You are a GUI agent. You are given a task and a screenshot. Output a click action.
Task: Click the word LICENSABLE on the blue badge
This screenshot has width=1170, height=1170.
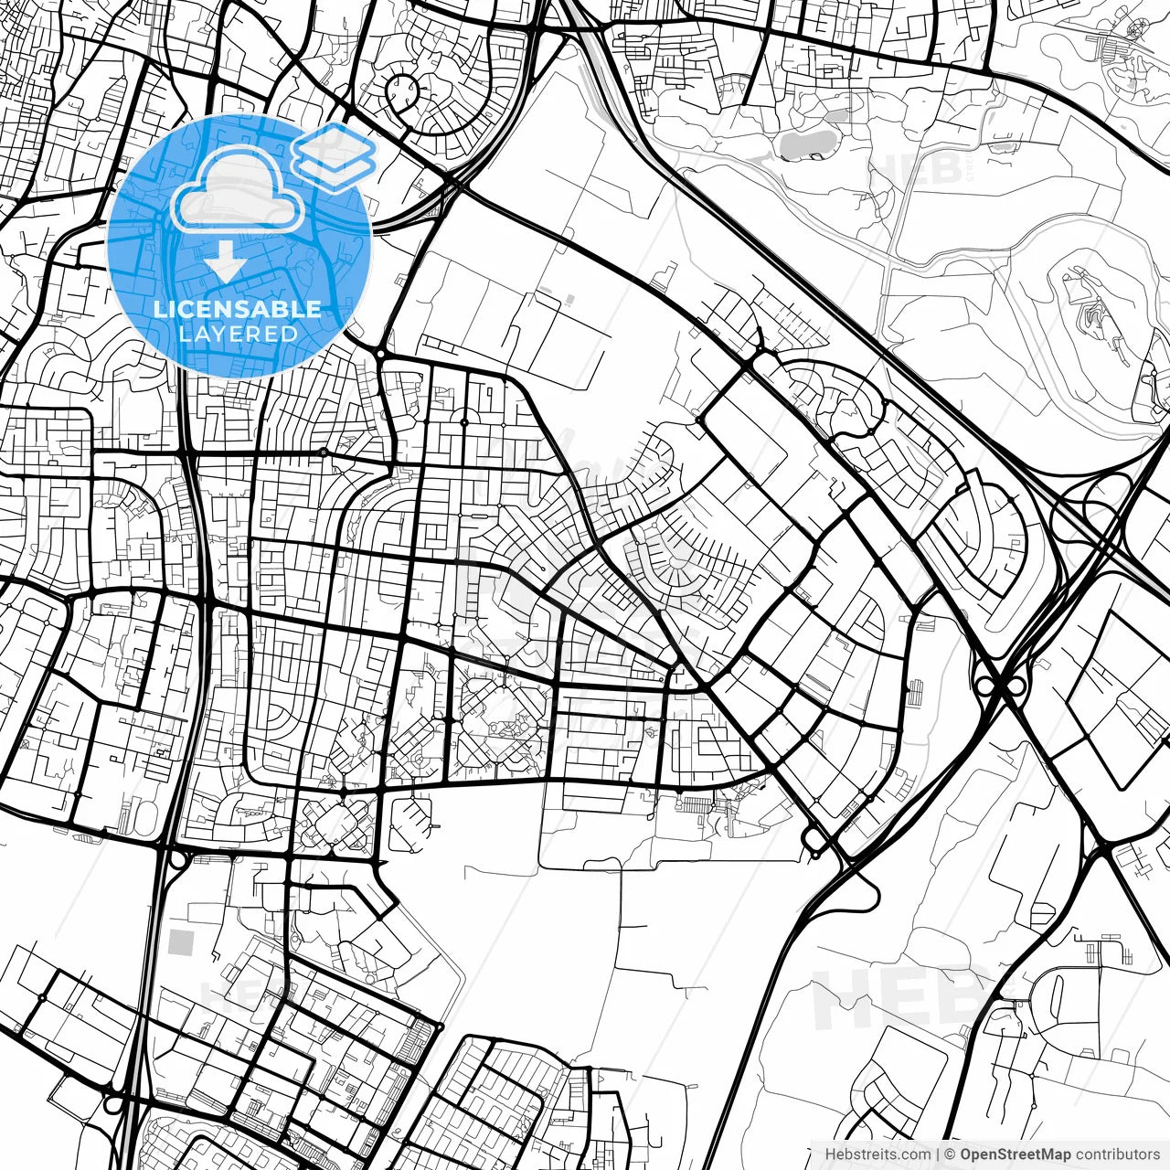tap(238, 309)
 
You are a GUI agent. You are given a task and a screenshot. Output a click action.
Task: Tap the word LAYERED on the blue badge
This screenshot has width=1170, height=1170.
tap(238, 334)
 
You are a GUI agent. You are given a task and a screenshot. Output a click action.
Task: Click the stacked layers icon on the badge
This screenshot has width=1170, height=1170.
tap(335, 155)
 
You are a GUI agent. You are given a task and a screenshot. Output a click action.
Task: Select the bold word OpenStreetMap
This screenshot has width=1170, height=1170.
tap(1015, 1154)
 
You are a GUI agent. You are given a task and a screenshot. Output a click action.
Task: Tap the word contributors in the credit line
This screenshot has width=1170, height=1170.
tap(1117, 1154)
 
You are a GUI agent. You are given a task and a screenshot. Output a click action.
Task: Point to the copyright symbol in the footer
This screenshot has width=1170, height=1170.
tap(951, 1154)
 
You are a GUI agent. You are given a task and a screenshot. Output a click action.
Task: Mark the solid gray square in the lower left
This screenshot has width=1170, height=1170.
tap(183, 941)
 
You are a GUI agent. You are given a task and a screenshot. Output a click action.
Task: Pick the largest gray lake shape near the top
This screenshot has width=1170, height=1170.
tap(808, 143)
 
